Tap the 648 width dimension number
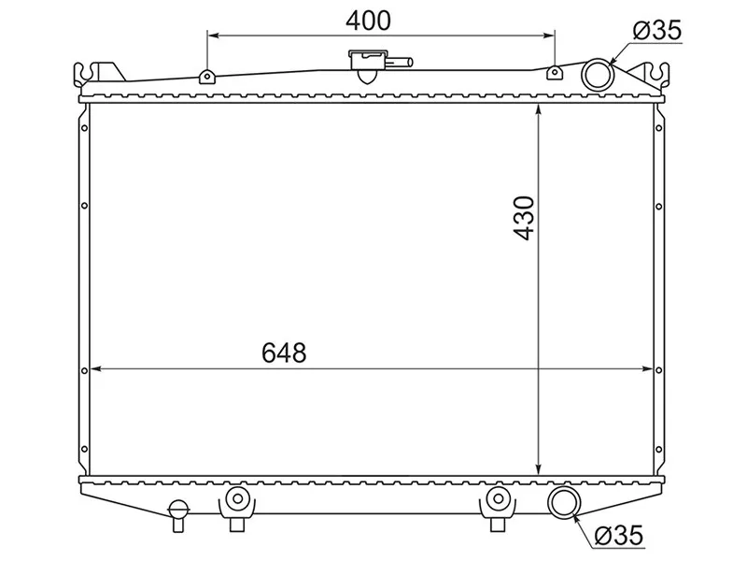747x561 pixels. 284,353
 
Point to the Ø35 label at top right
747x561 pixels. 656,31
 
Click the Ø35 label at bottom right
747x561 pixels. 617,535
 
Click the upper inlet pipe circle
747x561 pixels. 596,73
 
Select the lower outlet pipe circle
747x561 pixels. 564,502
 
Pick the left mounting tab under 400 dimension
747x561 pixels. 205,76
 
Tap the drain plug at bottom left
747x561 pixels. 177,511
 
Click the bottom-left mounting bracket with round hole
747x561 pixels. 237,502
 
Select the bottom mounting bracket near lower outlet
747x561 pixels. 497,502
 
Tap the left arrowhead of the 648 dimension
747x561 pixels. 95,369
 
